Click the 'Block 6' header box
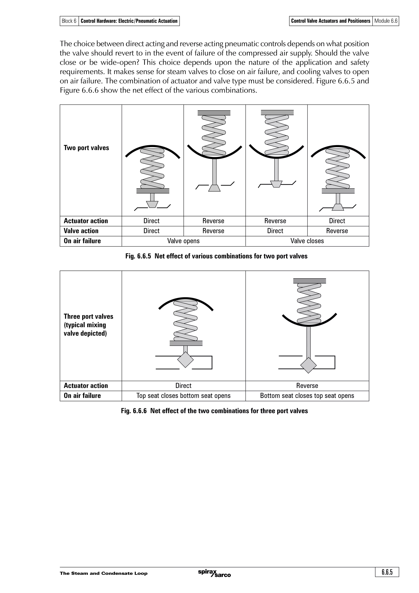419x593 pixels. [69, 21]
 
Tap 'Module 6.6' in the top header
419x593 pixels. [386, 21]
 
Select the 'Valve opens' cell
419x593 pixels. [183, 241]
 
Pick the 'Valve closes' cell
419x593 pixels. [307, 241]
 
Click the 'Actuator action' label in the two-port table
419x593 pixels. [86, 221]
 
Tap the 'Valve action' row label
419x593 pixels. [81, 231]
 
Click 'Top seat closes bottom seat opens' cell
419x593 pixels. [183, 396]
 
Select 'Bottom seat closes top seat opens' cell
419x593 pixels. [307, 396]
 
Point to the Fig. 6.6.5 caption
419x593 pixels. [216, 256]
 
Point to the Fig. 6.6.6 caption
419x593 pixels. [214, 411]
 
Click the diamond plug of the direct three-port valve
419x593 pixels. [185, 360]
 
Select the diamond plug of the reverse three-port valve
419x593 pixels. [308, 365]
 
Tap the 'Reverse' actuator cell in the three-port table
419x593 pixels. [307, 386]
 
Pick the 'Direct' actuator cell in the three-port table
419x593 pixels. [183, 386]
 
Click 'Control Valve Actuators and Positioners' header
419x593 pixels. [330, 21]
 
